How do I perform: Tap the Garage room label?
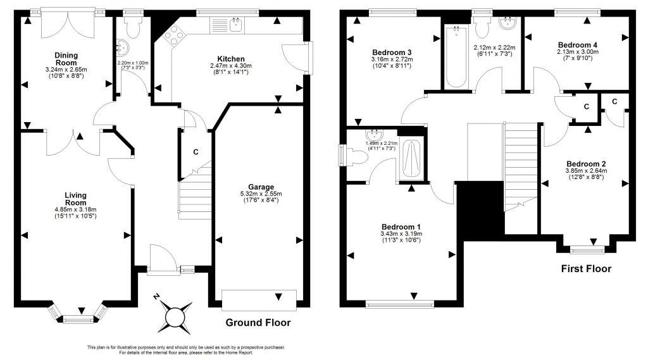tap(261, 187)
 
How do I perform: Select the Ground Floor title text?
tap(258, 323)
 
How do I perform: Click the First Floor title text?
tap(586, 269)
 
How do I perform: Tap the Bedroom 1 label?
tap(401, 227)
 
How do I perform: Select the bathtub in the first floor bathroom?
tap(455, 57)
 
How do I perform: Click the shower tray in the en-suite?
tap(411, 159)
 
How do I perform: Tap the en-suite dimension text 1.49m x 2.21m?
tap(381, 144)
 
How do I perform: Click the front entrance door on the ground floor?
tap(162, 259)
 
